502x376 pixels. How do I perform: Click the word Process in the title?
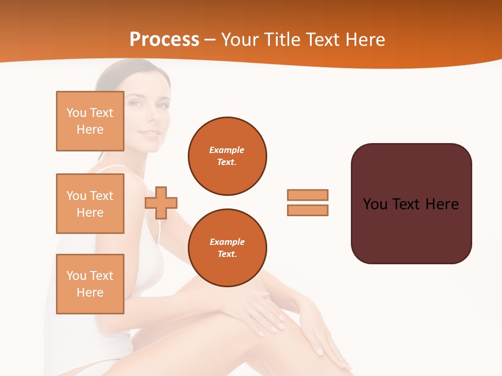coord(164,40)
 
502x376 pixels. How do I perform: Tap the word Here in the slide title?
coord(364,40)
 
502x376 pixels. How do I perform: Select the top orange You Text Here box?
coord(90,121)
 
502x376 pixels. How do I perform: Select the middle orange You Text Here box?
coord(90,204)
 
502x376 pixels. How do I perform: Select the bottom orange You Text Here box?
coord(90,284)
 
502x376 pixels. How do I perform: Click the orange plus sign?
coord(161,203)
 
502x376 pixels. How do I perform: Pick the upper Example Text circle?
coord(227,156)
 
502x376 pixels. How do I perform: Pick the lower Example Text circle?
coord(227,248)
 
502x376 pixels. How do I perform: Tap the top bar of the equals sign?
coord(307,195)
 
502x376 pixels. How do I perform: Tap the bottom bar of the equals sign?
coord(307,210)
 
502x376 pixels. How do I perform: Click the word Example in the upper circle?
coord(227,150)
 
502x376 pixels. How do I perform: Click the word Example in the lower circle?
coord(227,242)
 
